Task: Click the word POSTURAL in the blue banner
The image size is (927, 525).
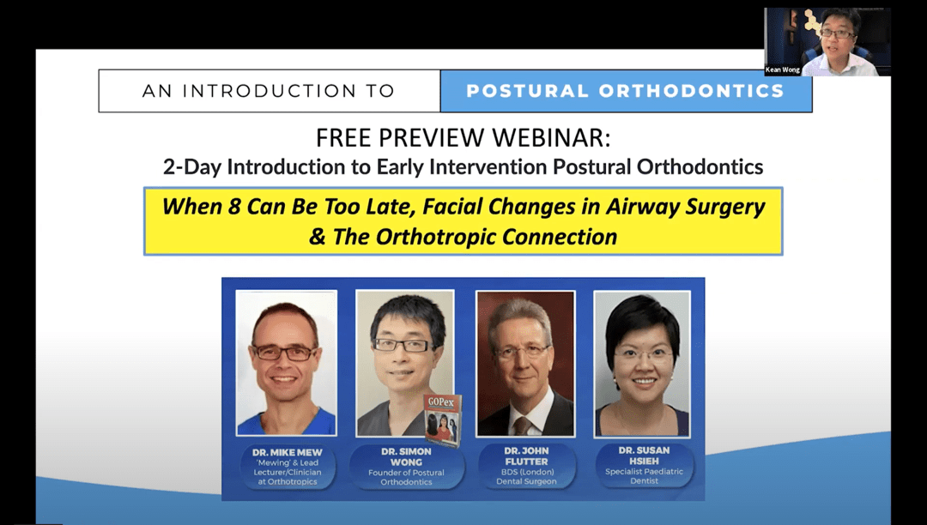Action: pos(527,91)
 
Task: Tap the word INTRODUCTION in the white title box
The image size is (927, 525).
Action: pos(269,91)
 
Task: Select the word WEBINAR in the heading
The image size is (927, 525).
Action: pos(551,138)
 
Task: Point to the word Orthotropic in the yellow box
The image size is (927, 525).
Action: pos(435,237)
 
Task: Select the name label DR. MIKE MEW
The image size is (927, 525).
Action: pos(288,453)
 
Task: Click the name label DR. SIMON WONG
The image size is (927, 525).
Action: pos(406,456)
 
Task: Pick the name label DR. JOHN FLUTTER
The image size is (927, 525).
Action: pos(526,456)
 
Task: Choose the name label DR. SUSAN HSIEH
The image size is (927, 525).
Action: pos(644,456)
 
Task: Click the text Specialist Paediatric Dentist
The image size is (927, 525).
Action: pos(644,476)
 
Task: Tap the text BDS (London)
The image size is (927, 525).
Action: pos(526,472)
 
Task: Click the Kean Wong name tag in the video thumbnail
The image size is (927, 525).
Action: pos(782,69)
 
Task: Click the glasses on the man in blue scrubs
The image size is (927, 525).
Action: pos(285,353)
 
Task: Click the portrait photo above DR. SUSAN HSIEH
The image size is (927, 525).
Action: pos(642,364)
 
